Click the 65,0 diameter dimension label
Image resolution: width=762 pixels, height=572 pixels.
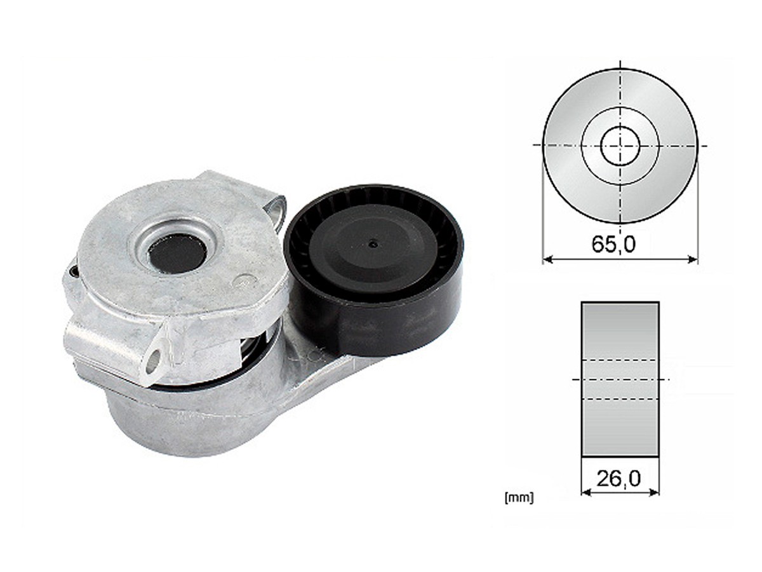click(x=613, y=245)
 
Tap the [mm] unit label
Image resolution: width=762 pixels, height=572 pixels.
click(x=518, y=498)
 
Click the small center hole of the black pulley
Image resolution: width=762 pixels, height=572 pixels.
click(x=373, y=242)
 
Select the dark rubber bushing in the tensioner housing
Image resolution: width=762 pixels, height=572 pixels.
click(x=177, y=252)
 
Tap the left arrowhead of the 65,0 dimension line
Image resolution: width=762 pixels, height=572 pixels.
click(x=547, y=259)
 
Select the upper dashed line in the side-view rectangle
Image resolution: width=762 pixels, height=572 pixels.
click(x=620, y=361)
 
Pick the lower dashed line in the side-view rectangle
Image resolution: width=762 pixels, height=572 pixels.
click(x=620, y=399)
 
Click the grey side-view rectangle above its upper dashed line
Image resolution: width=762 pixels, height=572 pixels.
click(x=620, y=330)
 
